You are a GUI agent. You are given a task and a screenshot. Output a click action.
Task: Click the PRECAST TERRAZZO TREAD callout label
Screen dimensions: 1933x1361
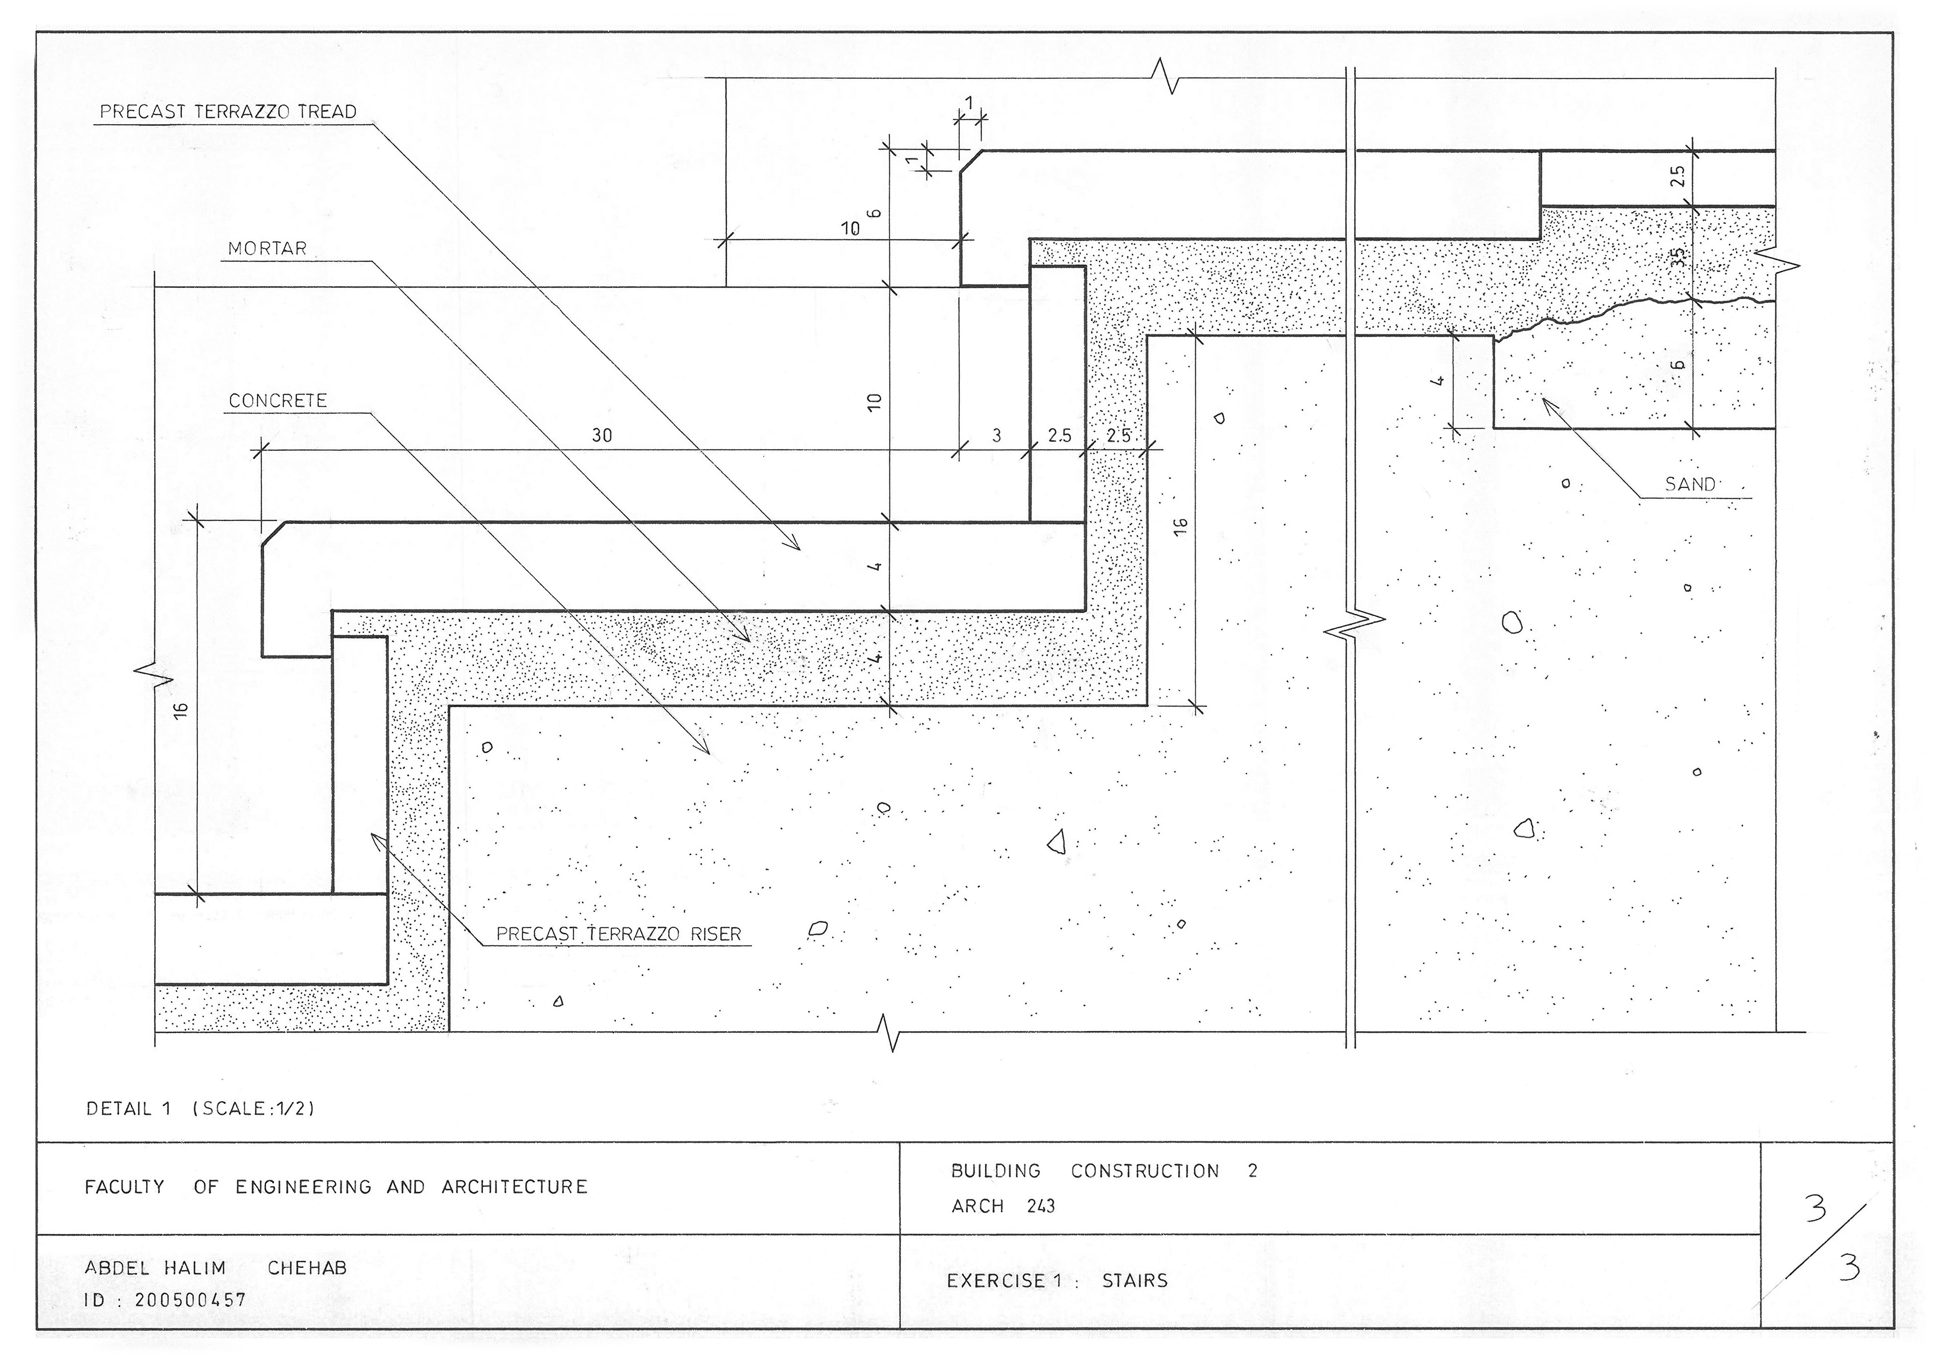tap(228, 112)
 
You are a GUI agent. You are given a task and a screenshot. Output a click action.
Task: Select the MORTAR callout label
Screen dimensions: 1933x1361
tap(268, 249)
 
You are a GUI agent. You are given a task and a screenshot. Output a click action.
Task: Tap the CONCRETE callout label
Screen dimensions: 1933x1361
tap(278, 401)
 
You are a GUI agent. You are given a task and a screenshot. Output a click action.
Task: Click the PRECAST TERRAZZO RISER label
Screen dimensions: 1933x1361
tap(619, 934)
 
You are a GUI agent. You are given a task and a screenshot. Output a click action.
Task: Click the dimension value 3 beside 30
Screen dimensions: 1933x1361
tap(997, 436)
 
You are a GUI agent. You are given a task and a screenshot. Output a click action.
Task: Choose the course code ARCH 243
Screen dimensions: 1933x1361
tap(1003, 1206)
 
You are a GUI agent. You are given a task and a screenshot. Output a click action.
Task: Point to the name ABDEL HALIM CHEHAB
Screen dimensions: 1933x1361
tap(216, 1268)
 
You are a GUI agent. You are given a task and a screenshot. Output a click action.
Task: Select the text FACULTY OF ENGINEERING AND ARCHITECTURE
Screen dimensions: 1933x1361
tap(336, 1187)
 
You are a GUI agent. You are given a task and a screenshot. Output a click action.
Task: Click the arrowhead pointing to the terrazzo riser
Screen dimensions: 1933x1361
tap(376, 839)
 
